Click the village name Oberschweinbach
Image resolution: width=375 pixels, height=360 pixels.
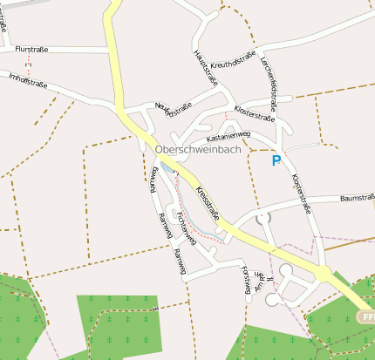197,149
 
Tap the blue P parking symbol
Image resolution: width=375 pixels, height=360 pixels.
277,161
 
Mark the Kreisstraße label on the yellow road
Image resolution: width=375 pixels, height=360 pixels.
208,201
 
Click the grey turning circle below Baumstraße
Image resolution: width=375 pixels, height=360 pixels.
264,217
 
